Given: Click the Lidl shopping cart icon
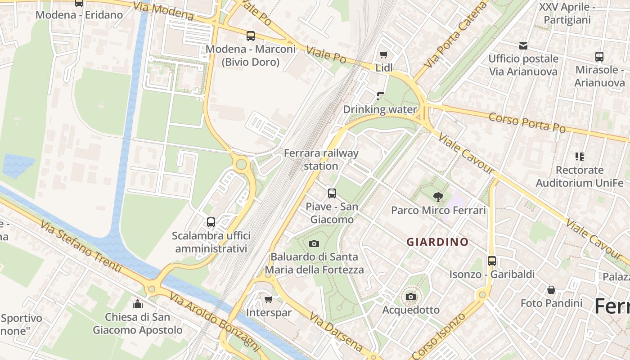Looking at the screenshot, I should (x=383, y=55).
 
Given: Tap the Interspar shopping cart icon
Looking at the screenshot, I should (x=269, y=299).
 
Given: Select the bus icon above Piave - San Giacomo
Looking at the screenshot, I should (x=332, y=193).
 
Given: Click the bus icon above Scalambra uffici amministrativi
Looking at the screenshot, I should (x=211, y=222).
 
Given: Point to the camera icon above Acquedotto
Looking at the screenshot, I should (x=410, y=297).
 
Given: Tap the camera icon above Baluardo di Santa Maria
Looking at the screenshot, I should (x=314, y=243).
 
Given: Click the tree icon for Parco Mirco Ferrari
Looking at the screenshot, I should (x=438, y=197).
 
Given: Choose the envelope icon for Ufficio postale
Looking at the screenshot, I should (x=523, y=45).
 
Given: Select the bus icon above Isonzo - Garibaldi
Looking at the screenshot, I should (x=492, y=261).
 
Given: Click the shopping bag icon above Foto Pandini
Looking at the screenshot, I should (x=551, y=290).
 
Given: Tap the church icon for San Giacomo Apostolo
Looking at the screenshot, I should (x=138, y=304).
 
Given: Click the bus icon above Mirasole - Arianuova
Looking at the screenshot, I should (x=599, y=57).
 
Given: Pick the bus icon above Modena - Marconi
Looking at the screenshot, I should (x=251, y=36).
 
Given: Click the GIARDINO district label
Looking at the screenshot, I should (x=437, y=242).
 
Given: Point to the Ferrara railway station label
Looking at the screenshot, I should (x=321, y=159).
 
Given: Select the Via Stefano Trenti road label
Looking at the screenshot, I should (x=81, y=246).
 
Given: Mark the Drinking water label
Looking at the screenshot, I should (x=379, y=109).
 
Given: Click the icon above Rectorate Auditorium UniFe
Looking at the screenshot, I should (x=580, y=157).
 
